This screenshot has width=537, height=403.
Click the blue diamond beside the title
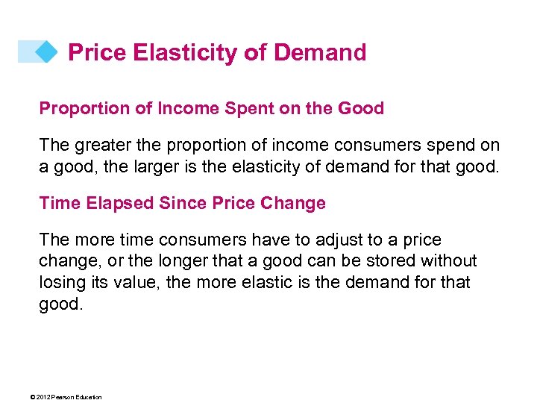click(46, 51)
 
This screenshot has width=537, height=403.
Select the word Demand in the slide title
click(320, 52)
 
